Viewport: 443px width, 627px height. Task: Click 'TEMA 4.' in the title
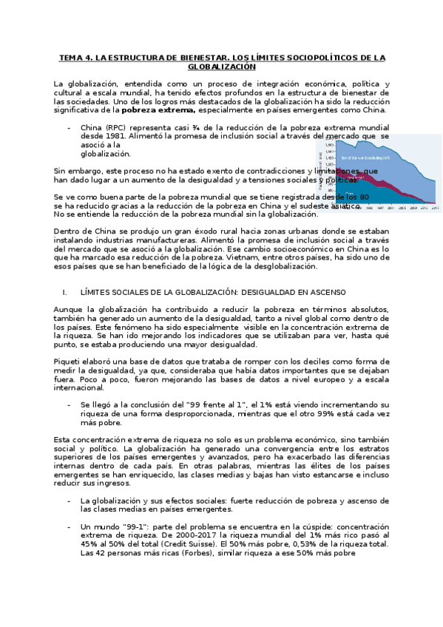75,57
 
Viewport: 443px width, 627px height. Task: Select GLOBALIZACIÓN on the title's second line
221,66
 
